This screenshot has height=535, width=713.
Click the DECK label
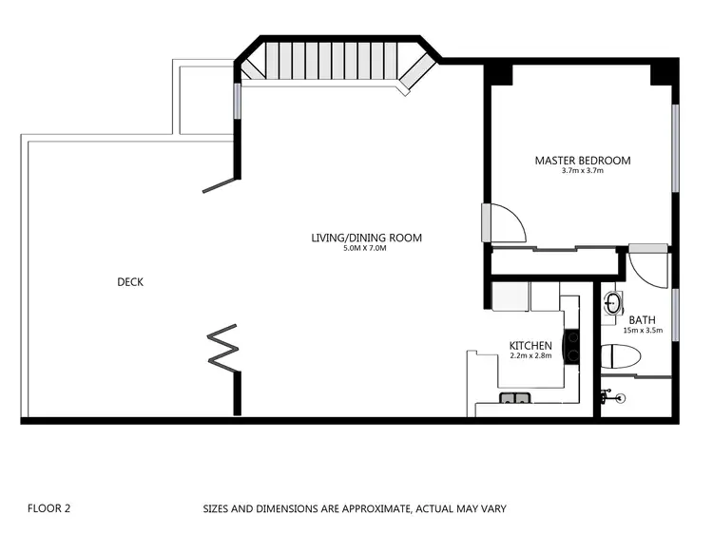[x=130, y=282]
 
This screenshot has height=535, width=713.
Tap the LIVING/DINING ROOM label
[x=366, y=238]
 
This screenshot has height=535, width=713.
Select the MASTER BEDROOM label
[x=582, y=161]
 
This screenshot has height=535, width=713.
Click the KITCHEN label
[x=530, y=345]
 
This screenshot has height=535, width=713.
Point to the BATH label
[x=642, y=320]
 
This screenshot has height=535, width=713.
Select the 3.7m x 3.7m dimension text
[x=582, y=171]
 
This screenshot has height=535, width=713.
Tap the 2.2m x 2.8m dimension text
[x=530, y=355]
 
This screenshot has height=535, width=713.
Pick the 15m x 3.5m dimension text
[x=642, y=331]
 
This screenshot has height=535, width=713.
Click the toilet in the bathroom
[x=624, y=357]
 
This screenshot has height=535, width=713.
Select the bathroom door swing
[x=649, y=267]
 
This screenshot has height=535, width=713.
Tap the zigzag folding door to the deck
[x=224, y=348]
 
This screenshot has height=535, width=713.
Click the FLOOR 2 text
[x=49, y=508]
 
